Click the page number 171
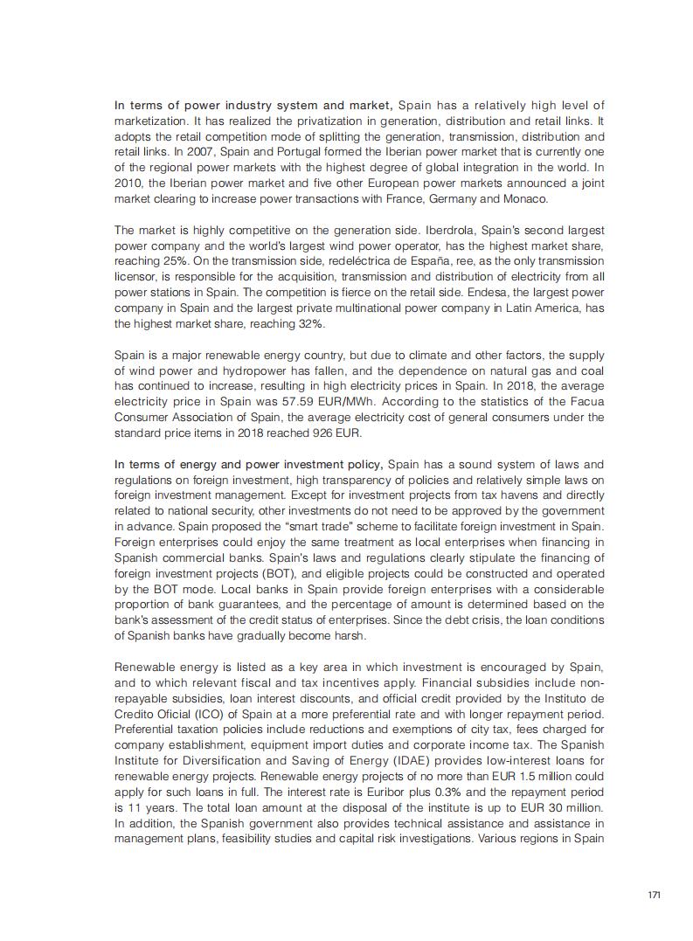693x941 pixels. pos(654,896)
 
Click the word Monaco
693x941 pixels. pos(525,199)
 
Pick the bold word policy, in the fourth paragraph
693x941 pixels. pos(364,464)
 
